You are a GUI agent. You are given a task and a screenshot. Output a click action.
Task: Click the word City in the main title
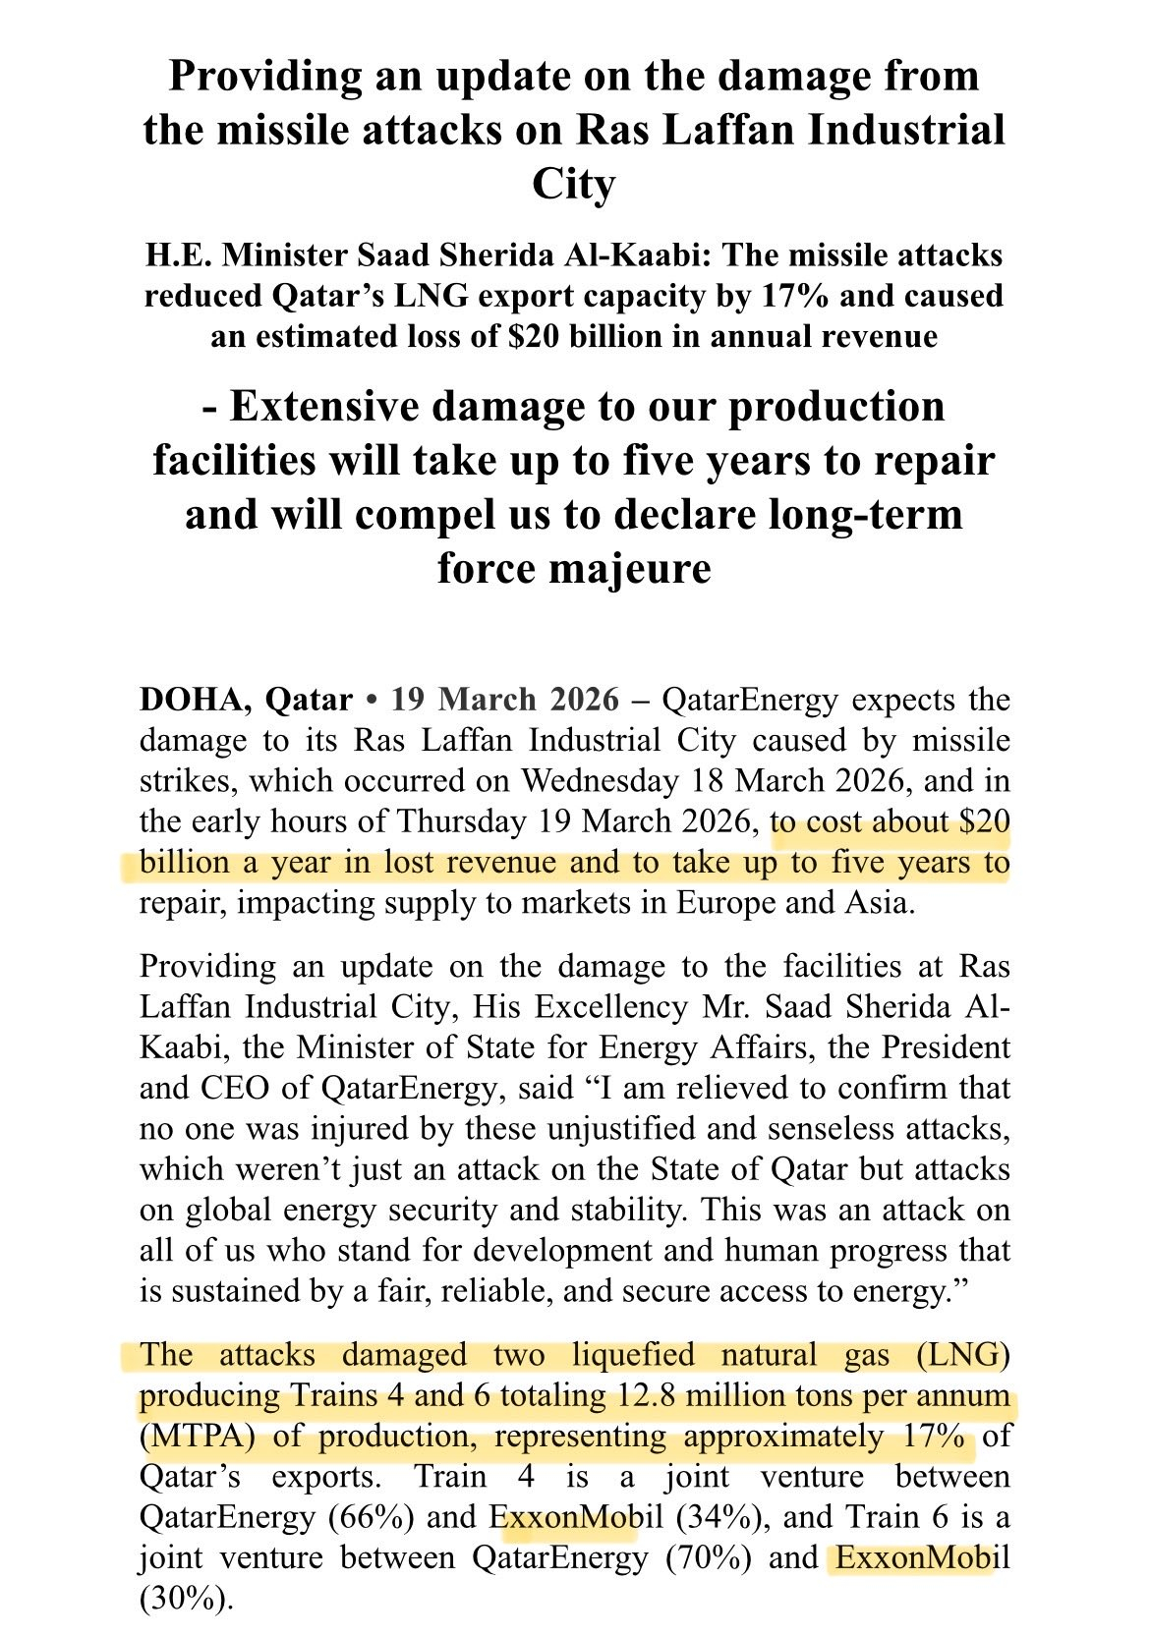point(574,184)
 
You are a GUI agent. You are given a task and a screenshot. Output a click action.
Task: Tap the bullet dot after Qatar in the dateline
point(372,701)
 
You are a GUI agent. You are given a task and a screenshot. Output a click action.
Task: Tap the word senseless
point(844,1129)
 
